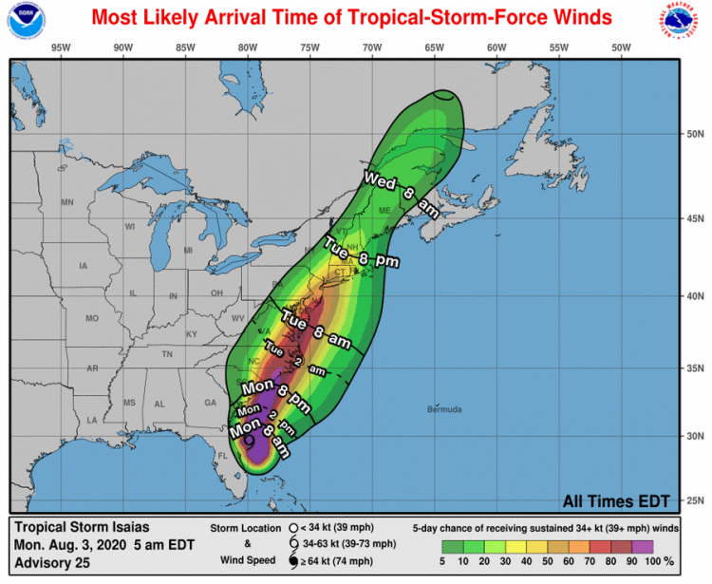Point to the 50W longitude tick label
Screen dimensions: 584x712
click(x=621, y=47)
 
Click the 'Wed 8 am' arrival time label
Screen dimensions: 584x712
click(x=402, y=195)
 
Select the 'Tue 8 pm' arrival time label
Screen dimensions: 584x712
click(x=361, y=252)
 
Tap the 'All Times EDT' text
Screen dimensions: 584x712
click(x=616, y=501)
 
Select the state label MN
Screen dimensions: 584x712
click(x=67, y=202)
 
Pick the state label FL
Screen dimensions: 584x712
click(x=224, y=456)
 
